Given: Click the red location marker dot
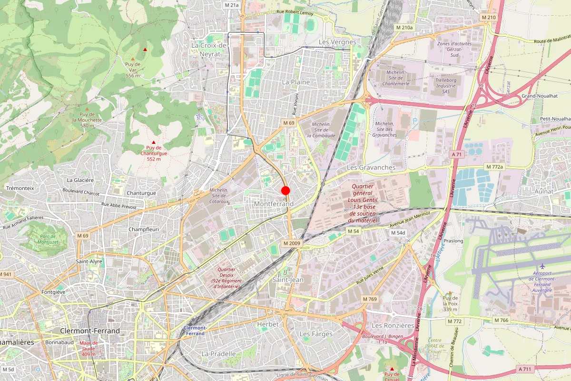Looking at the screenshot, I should pos(285,190).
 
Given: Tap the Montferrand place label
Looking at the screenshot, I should pos(274,204).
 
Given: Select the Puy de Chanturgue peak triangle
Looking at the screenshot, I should pos(153,142).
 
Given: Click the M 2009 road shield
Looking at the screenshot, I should pos(292,243).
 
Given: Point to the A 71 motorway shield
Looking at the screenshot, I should pos(457,154).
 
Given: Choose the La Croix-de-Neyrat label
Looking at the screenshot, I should pos(209,50).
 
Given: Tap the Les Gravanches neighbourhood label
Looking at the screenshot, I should pos(371,168).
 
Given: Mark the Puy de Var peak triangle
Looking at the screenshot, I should pos(145,50).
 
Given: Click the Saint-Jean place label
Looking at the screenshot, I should pos(288,280).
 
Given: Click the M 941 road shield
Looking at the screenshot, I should pos(6,274).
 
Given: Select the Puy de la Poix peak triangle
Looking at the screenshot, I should pos(450,292).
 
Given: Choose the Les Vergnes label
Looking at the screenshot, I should pos(337,42).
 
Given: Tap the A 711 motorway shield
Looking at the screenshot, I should pos(525,369).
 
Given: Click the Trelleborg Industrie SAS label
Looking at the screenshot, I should pos(446,86).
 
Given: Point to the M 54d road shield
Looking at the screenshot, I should pos(397,232).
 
